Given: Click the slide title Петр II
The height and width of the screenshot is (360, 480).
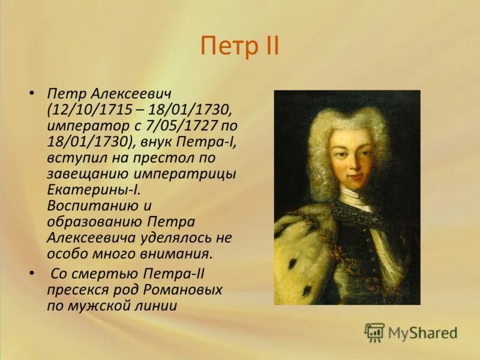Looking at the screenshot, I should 239,46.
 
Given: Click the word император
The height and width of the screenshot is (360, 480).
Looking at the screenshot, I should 84,127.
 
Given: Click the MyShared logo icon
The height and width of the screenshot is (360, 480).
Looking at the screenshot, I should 375,332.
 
